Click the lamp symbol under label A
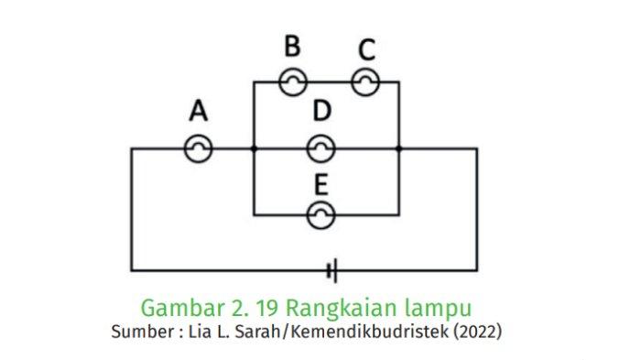pos(199,148)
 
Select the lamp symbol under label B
pos(291,82)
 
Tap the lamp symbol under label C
pos(365,82)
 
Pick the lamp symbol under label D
pos(320,148)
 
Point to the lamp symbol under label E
pos(320,215)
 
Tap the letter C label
pos(366,49)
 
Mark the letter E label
pos(320,184)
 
